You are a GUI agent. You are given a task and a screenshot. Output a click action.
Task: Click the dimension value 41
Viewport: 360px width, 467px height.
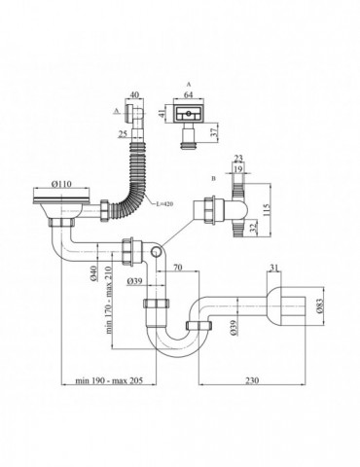pyautogui.click(x=160, y=113)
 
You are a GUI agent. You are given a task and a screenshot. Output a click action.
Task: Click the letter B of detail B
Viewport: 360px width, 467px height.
pyautogui.click(x=211, y=179)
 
